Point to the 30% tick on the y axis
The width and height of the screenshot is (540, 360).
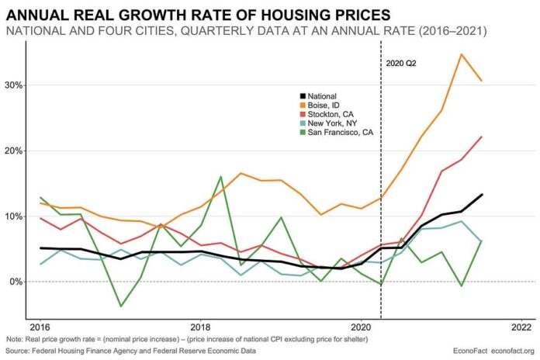coord(13,85)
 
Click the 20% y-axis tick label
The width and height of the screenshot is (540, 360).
coord(13,150)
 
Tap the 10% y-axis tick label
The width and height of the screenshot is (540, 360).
coord(13,216)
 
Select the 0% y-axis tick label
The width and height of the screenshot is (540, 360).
coord(16,281)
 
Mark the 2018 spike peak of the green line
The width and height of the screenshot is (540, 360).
coord(220,177)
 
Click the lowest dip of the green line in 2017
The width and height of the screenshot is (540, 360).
coord(120,306)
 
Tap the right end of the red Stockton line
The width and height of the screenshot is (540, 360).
coord(482,137)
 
